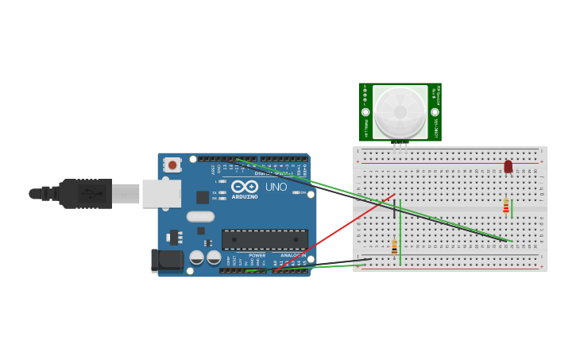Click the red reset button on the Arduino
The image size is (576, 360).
[x=172, y=165]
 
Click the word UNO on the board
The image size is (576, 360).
[x=276, y=187]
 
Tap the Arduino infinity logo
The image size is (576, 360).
[x=245, y=186]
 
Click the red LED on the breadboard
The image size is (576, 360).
[x=508, y=166]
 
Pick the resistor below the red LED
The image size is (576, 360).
[x=506, y=206]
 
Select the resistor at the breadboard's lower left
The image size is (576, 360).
[x=394, y=247]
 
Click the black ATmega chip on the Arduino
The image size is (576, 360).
[x=265, y=239]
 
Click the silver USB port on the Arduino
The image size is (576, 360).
[x=160, y=193]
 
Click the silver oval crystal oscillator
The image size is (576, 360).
[x=201, y=216]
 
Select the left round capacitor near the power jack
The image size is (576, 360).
[x=196, y=257]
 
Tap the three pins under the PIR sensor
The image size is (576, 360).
[x=400, y=145]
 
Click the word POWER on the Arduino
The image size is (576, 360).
[x=257, y=255]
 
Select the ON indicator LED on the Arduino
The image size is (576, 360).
[x=296, y=192]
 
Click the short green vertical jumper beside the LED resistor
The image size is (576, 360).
[x=512, y=208]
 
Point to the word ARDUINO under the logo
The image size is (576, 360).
[x=245, y=196]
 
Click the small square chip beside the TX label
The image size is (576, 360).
[x=203, y=196]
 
